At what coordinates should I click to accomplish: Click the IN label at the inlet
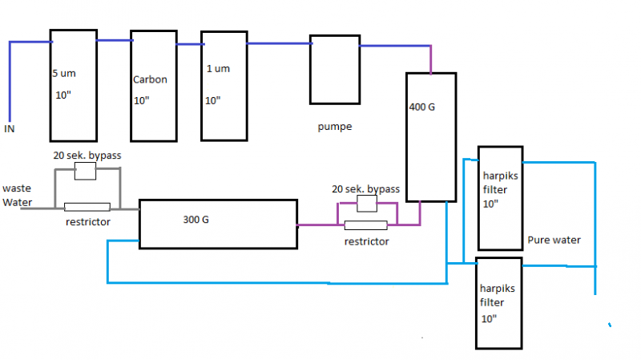(x=10, y=127)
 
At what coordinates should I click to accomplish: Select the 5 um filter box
(x=73, y=83)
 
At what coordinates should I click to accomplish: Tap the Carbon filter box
(x=153, y=85)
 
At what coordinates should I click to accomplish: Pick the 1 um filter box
(x=224, y=85)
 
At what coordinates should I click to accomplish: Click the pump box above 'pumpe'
(x=334, y=69)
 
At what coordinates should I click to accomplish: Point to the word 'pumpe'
(x=334, y=127)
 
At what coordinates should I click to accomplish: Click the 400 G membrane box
(x=430, y=137)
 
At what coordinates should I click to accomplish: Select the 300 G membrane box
(x=217, y=222)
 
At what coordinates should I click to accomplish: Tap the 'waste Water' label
(x=18, y=196)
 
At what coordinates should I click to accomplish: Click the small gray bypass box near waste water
(x=85, y=170)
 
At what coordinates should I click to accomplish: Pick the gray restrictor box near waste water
(x=87, y=207)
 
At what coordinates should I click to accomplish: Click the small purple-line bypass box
(x=366, y=204)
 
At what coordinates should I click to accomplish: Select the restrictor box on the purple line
(x=365, y=225)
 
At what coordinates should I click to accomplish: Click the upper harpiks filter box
(x=499, y=198)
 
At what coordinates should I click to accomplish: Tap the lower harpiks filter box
(x=498, y=303)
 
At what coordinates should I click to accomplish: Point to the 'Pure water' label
(x=554, y=240)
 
